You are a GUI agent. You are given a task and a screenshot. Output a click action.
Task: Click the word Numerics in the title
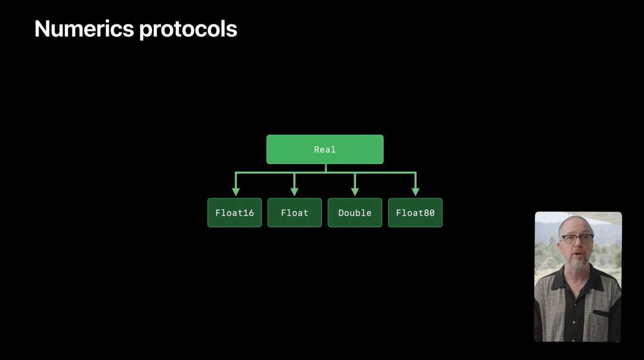point(83,29)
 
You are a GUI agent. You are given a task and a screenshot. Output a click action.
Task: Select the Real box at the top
point(325,149)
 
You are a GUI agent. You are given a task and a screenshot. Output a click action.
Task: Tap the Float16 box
point(234,213)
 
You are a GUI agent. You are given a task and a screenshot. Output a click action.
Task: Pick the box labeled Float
point(295,213)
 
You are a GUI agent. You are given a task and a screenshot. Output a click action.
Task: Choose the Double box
point(355,213)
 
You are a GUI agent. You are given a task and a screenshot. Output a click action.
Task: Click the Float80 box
point(415,213)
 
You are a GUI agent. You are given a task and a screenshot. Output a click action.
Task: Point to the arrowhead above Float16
point(236,191)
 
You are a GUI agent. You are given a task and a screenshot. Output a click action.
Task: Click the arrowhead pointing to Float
point(294,191)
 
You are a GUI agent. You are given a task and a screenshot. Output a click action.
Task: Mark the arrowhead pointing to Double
point(355,191)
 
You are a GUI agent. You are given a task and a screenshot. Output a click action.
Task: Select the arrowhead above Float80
point(415,191)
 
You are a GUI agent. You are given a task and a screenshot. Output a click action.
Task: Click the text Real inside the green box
point(325,150)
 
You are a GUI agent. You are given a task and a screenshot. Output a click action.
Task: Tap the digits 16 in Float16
point(249,213)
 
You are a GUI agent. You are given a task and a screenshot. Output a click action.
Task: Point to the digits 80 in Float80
point(429,213)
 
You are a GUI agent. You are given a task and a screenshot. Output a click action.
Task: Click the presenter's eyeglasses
point(577,238)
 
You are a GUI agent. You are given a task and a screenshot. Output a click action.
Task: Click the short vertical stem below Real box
point(325,168)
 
